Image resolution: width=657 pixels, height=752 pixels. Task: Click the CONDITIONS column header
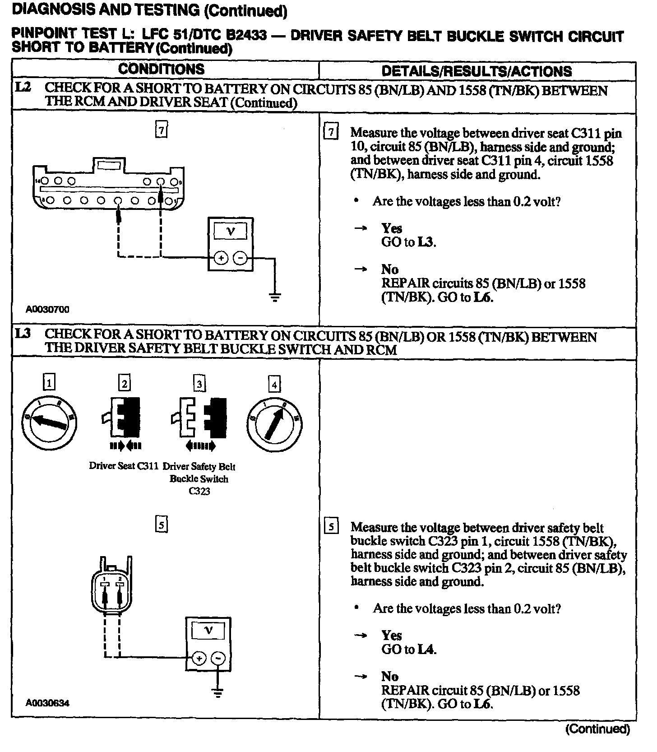click(161, 69)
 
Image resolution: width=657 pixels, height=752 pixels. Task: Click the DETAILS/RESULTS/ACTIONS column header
click(477, 71)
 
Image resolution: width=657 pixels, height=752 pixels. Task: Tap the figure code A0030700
click(47, 310)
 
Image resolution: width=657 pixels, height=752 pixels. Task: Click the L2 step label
click(23, 88)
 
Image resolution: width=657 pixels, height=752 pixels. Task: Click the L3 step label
click(23, 334)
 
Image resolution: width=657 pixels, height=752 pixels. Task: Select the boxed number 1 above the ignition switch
click(49, 384)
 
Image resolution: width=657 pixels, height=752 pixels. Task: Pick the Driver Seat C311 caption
click(123, 466)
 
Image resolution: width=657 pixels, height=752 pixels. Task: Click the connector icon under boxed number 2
click(122, 418)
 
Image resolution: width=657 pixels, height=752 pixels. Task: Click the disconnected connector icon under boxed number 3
click(199, 418)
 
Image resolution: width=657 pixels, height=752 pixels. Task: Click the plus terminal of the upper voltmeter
click(221, 258)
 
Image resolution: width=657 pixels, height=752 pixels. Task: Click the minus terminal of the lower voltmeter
click(218, 659)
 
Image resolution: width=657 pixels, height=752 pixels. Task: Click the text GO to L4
click(409, 650)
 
